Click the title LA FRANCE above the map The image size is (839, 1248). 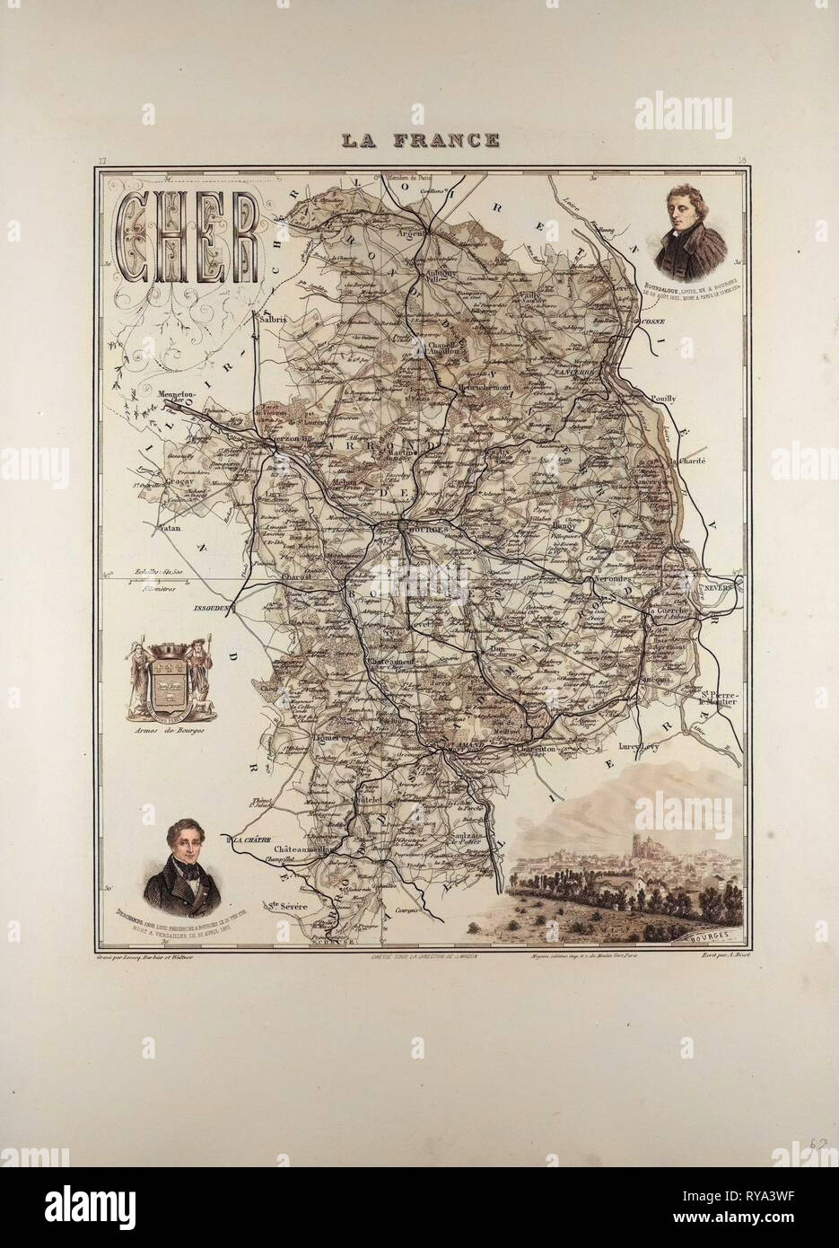point(420,140)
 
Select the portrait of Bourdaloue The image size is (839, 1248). point(690,224)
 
